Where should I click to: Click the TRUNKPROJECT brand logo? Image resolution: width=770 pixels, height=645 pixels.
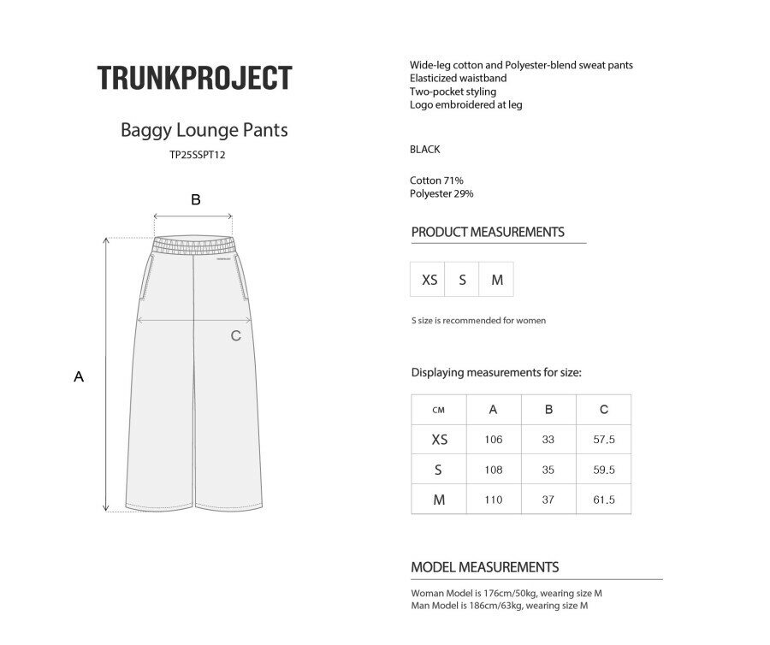pos(194,78)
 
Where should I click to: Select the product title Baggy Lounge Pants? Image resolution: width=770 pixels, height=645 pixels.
pos(204,131)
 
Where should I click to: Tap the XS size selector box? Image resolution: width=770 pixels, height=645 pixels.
pos(429,280)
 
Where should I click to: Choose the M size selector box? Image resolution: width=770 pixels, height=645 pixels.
pos(497,280)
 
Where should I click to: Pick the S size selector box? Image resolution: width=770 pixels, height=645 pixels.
pos(463,280)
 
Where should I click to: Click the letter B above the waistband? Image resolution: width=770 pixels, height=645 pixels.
pos(196,199)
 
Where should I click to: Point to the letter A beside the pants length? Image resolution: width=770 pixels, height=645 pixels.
pos(79,376)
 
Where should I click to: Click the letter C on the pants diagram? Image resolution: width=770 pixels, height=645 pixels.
pos(236,335)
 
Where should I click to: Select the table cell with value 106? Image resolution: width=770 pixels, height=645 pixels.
pos(494,440)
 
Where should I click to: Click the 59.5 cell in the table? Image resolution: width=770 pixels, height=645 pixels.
pos(604,470)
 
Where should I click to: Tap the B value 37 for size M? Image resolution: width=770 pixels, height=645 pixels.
pos(548,500)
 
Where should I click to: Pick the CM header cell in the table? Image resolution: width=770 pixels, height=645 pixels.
pos(439,410)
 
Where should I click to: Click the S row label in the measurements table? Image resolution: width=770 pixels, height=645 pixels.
pos(439,470)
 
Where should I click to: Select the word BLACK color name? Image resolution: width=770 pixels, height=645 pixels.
pos(425,149)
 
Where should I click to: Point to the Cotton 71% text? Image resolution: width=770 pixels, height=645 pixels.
pos(437,180)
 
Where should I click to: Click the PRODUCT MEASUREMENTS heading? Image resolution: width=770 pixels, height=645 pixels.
pos(488,232)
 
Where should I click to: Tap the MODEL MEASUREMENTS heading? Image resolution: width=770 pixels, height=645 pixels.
pos(485,567)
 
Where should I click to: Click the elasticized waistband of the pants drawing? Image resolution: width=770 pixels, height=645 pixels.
pos(194,246)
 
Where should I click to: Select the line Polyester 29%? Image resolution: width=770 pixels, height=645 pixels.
pos(442,193)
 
